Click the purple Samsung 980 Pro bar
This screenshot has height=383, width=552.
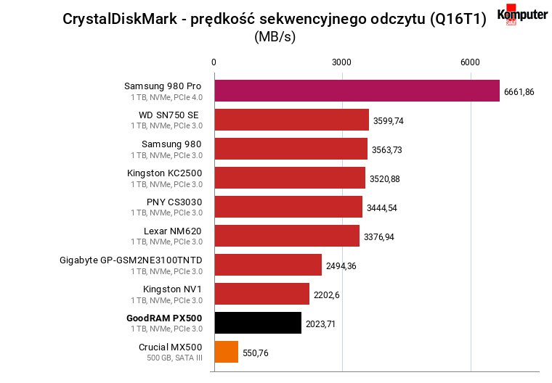click(x=357, y=91)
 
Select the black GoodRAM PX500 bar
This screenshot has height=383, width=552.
click(x=258, y=323)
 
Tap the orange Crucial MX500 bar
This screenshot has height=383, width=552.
click(x=227, y=352)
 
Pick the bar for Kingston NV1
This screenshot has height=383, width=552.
click(x=262, y=294)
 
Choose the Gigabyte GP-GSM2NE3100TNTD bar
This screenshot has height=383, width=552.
click(x=268, y=265)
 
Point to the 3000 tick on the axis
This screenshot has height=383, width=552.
click(x=341, y=62)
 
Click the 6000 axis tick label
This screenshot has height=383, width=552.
click(x=470, y=62)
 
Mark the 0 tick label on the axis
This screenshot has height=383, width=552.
click(x=214, y=62)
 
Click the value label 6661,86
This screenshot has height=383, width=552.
click(x=519, y=92)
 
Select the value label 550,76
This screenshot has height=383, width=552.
click(x=256, y=353)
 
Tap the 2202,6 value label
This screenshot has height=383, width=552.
click(x=327, y=295)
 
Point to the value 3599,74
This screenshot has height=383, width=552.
click(x=389, y=121)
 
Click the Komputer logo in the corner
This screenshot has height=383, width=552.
click(x=522, y=15)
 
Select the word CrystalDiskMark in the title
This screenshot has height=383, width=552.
click(x=120, y=19)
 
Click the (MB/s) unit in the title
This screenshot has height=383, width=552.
click(x=275, y=36)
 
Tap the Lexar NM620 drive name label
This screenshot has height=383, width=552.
click(x=173, y=231)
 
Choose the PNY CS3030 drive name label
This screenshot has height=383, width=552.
click(x=174, y=202)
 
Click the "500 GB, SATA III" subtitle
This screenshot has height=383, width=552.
click(x=174, y=358)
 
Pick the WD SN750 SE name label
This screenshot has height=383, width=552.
click(x=169, y=115)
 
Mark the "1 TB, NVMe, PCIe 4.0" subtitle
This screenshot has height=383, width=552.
click(x=167, y=97)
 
